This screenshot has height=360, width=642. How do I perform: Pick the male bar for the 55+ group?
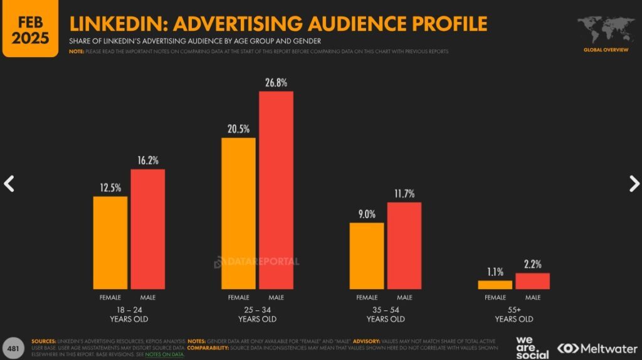532,281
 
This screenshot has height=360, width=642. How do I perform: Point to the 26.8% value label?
276,82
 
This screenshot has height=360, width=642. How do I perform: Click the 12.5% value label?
110,187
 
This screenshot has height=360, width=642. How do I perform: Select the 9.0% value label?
367,214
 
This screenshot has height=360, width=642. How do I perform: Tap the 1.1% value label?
495,272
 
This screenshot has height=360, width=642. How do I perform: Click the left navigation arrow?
9,183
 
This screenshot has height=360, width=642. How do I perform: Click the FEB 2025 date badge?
31,28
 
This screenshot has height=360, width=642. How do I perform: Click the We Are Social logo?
532,347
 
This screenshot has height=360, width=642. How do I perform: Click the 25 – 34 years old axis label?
257,314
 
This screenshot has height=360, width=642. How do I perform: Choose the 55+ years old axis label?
513,314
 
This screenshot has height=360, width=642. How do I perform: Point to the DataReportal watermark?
257,262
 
